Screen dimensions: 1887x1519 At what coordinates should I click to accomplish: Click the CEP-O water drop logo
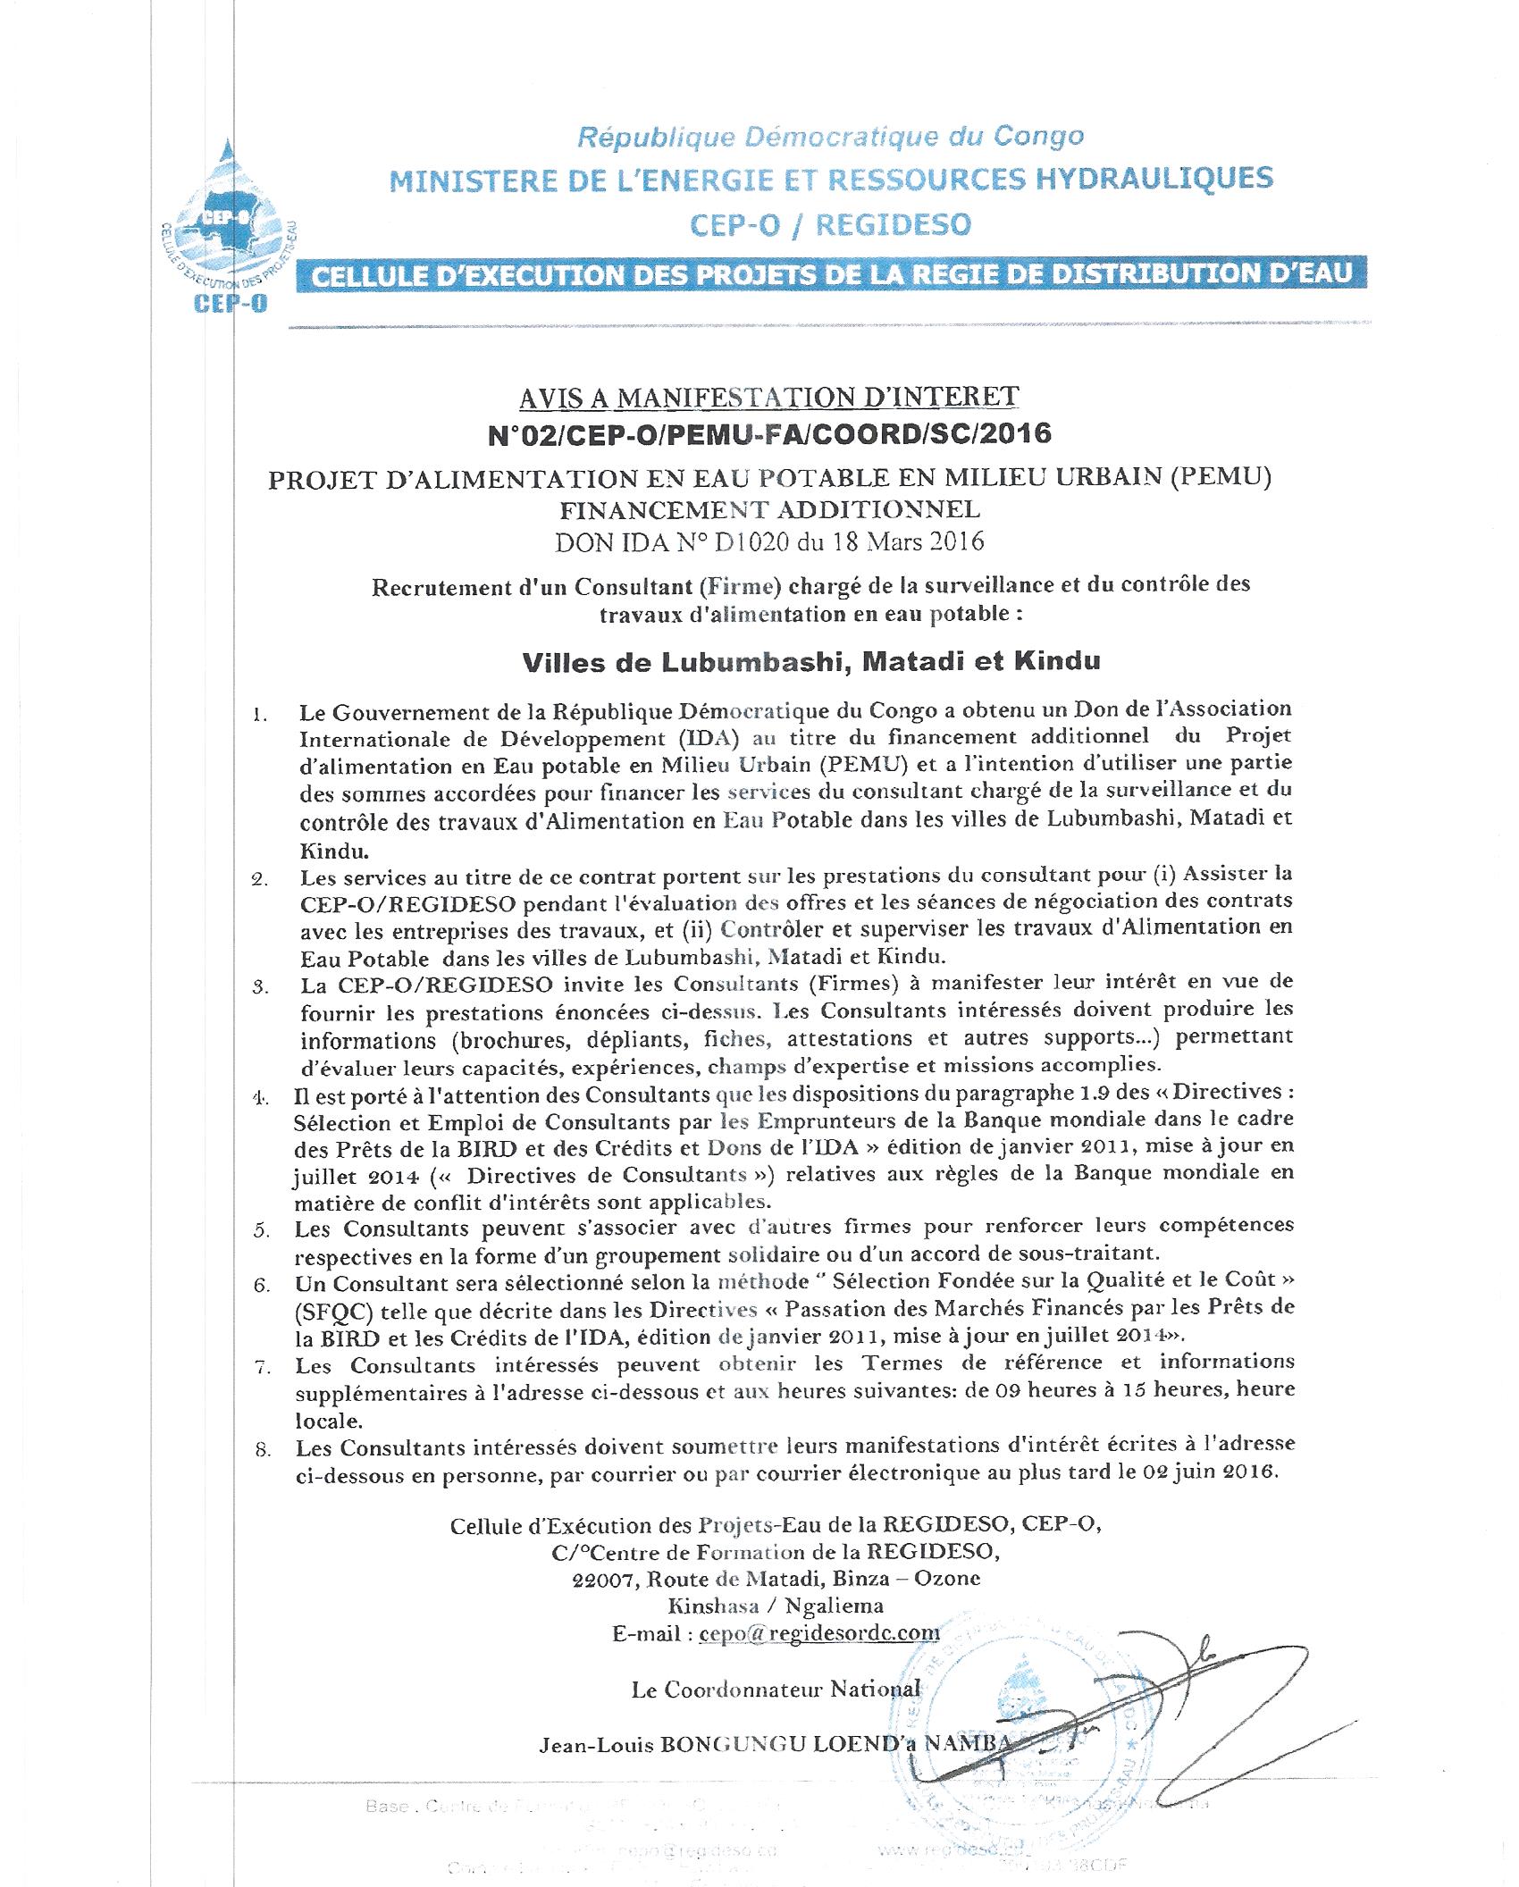coord(231,228)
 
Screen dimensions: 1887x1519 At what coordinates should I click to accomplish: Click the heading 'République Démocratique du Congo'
coord(830,137)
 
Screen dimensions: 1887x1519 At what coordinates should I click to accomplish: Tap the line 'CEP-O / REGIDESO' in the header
coord(830,223)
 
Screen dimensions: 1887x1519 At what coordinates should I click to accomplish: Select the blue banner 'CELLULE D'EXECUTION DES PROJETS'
coord(830,273)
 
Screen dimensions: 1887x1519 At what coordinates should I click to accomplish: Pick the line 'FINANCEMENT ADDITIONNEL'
coord(769,510)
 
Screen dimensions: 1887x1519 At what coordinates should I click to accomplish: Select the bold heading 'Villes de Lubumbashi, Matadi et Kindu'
coord(810,661)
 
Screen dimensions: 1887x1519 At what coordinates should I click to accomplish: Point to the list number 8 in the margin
coord(262,1450)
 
